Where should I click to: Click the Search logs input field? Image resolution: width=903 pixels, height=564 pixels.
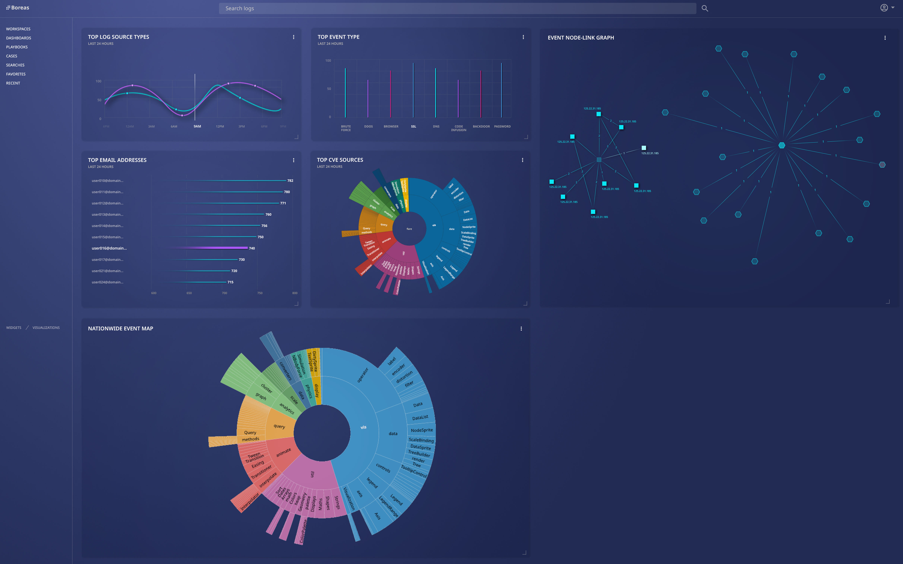coord(457,8)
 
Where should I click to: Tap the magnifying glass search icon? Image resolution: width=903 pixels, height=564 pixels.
coord(705,8)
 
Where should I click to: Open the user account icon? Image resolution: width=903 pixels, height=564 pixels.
coord(884,8)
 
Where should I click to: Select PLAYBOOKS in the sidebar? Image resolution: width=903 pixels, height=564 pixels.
coord(17,47)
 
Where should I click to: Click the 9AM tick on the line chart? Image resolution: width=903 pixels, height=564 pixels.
coord(197,127)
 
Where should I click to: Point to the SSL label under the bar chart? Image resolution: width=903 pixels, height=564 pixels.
coord(413,127)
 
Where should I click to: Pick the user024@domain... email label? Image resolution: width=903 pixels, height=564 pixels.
coord(107,282)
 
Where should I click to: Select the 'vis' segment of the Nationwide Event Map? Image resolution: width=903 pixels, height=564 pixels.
coord(363,427)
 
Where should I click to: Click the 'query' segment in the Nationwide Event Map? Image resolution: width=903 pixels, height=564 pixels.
coord(279,426)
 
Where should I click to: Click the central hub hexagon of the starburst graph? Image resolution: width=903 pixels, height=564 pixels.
coord(782,145)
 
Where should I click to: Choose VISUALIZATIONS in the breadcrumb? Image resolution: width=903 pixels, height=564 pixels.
coord(46,327)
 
